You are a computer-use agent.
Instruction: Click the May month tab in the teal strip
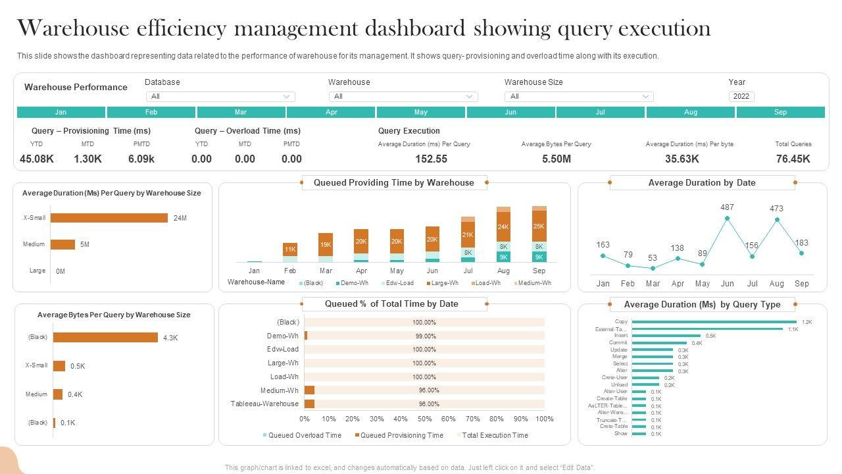[421, 112]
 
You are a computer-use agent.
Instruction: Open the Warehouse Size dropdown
[578, 97]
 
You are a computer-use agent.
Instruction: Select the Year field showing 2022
[741, 97]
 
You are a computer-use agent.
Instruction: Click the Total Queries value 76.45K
[793, 159]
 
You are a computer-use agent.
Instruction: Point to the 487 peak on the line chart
[727, 218]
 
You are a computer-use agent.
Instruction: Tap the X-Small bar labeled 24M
[109, 218]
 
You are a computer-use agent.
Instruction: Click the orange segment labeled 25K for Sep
[539, 226]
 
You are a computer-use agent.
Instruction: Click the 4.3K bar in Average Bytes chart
[105, 338]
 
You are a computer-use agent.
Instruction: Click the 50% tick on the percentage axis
[424, 419]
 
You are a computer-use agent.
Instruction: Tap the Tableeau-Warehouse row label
[264, 404]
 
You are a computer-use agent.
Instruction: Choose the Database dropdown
[220, 97]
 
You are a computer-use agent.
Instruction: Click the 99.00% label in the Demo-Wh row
[424, 336]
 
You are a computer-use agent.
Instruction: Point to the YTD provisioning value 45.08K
[37, 159]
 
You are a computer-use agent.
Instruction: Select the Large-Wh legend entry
[443, 283]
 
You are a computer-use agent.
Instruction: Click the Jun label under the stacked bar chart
[432, 271]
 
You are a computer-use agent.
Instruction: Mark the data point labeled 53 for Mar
[653, 268]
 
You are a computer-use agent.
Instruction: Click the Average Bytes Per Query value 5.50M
[556, 159]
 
